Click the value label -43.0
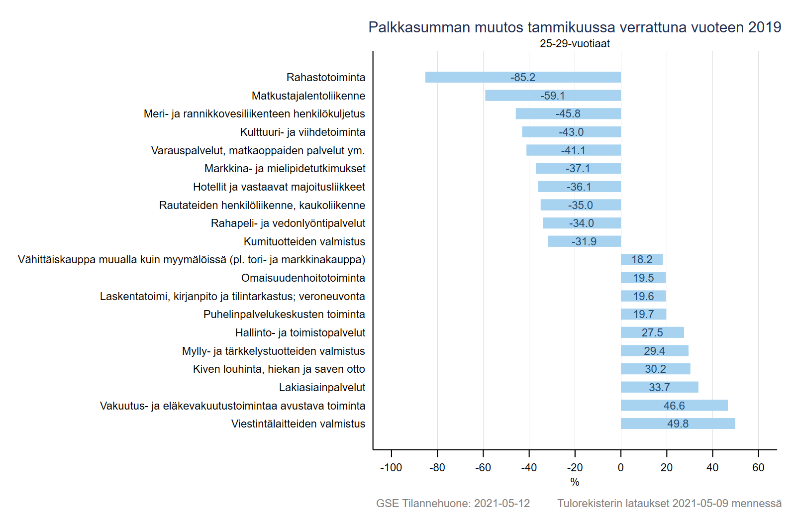(x=571, y=132)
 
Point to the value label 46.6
(x=674, y=406)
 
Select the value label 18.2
(x=642, y=259)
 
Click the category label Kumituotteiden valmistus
(x=304, y=241)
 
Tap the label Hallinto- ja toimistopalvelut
(x=300, y=332)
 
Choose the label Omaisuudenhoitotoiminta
(x=303, y=278)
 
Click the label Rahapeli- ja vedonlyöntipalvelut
(x=288, y=223)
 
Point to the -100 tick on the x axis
(x=391, y=467)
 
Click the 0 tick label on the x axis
(x=620, y=467)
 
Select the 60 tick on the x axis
(x=758, y=467)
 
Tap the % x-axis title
(x=575, y=482)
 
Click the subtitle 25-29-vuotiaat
(x=575, y=43)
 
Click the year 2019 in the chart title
(x=765, y=27)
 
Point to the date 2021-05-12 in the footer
(x=502, y=503)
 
